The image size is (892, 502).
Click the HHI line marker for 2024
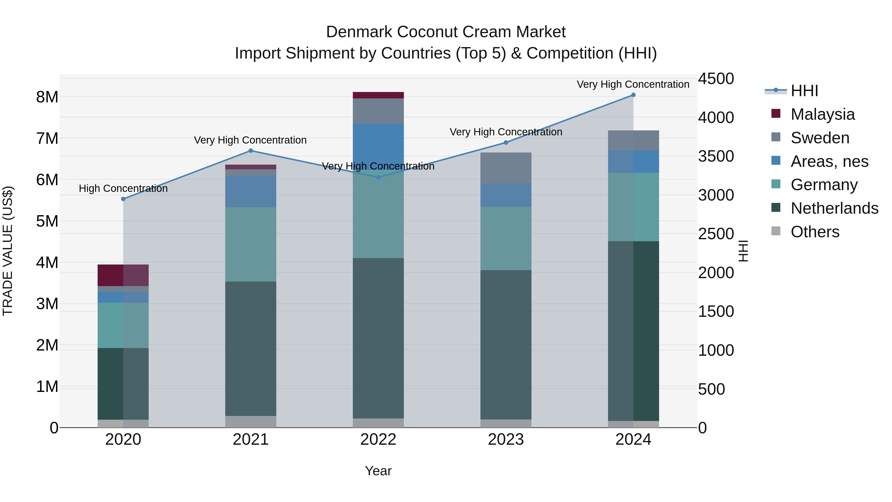click(x=633, y=95)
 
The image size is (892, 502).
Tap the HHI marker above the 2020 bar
click(x=123, y=199)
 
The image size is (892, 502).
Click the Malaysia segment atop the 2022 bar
click(x=378, y=95)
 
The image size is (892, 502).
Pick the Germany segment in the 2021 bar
click(x=251, y=244)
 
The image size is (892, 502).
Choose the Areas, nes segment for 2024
click(x=633, y=162)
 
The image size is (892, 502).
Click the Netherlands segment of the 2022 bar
click(x=378, y=338)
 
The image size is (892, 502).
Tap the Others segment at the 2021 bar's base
click(x=251, y=422)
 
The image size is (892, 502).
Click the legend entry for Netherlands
click(x=834, y=208)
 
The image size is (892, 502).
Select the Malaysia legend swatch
click(x=776, y=114)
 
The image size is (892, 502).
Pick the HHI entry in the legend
click(x=804, y=91)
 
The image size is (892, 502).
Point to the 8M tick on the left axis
click(x=47, y=97)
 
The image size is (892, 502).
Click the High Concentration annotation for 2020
click(x=123, y=188)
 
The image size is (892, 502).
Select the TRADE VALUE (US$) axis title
click(x=8, y=251)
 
